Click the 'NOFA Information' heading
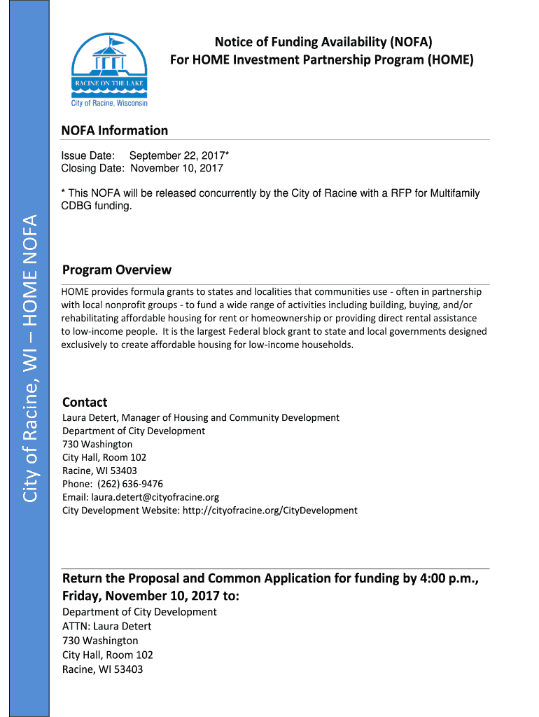click(x=115, y=130)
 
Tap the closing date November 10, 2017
click(x=176, y=168)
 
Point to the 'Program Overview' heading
click(x=117, y=270)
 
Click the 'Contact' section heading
click(x=85, y=402)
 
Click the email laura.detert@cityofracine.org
click(x=155, y=497)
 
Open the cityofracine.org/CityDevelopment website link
click(x=269, y=510)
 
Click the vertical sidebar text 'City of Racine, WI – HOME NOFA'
click(x=29, y=358)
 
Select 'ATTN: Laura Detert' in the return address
click(x=107, y=626)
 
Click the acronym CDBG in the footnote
click(x=78, y=207)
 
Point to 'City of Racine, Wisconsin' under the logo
click(x=109, y=103)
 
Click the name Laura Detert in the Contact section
click(x=92, y=417)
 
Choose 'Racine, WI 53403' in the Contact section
click(x=99, y=471)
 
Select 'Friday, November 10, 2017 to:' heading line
click(x=150, y=596)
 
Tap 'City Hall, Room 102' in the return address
click(x=108, y=655)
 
